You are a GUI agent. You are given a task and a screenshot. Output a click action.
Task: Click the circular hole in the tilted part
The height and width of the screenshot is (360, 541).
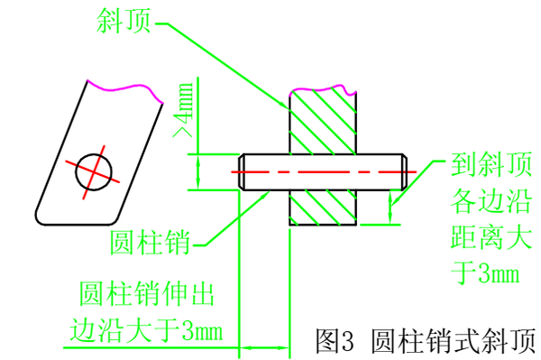[95, 169]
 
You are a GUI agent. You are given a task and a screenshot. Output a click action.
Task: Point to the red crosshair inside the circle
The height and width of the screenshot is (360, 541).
[95, 169]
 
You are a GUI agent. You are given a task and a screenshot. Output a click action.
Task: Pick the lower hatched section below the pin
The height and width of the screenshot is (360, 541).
[323, 207]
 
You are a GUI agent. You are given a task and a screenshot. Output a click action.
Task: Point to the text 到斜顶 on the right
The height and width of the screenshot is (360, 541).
[485, 167]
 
